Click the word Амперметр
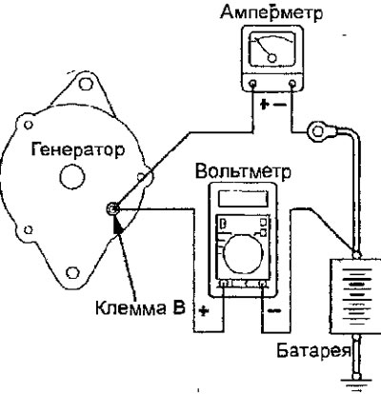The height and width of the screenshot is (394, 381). point(271,13)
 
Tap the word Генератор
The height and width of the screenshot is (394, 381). point(78,149)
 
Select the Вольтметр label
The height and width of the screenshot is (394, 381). point(243,171)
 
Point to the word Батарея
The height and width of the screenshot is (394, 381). point(314,350)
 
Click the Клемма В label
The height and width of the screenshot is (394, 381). point(140,307)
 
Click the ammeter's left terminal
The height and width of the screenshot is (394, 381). point(253,84)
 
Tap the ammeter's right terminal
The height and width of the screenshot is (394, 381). point(292,84)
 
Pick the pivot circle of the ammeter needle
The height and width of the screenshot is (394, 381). point(272,58)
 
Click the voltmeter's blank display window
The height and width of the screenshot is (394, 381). point(243,199)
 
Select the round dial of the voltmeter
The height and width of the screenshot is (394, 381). point(243,254)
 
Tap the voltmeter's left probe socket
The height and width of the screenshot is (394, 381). point(224,284)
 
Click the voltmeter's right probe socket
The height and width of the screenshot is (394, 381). point(263,284)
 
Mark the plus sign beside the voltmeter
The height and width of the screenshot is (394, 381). point(203,311)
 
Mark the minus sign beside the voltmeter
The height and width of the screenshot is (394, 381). point(274,310)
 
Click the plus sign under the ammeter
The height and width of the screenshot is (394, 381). point(263,105)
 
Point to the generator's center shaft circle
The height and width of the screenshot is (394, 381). point(72,177)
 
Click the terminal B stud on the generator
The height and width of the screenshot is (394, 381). point(113,208)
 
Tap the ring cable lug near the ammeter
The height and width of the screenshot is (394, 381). point(317,131)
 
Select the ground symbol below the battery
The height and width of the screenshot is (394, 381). point(356,384)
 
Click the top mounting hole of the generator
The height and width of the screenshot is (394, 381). point(85,84)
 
